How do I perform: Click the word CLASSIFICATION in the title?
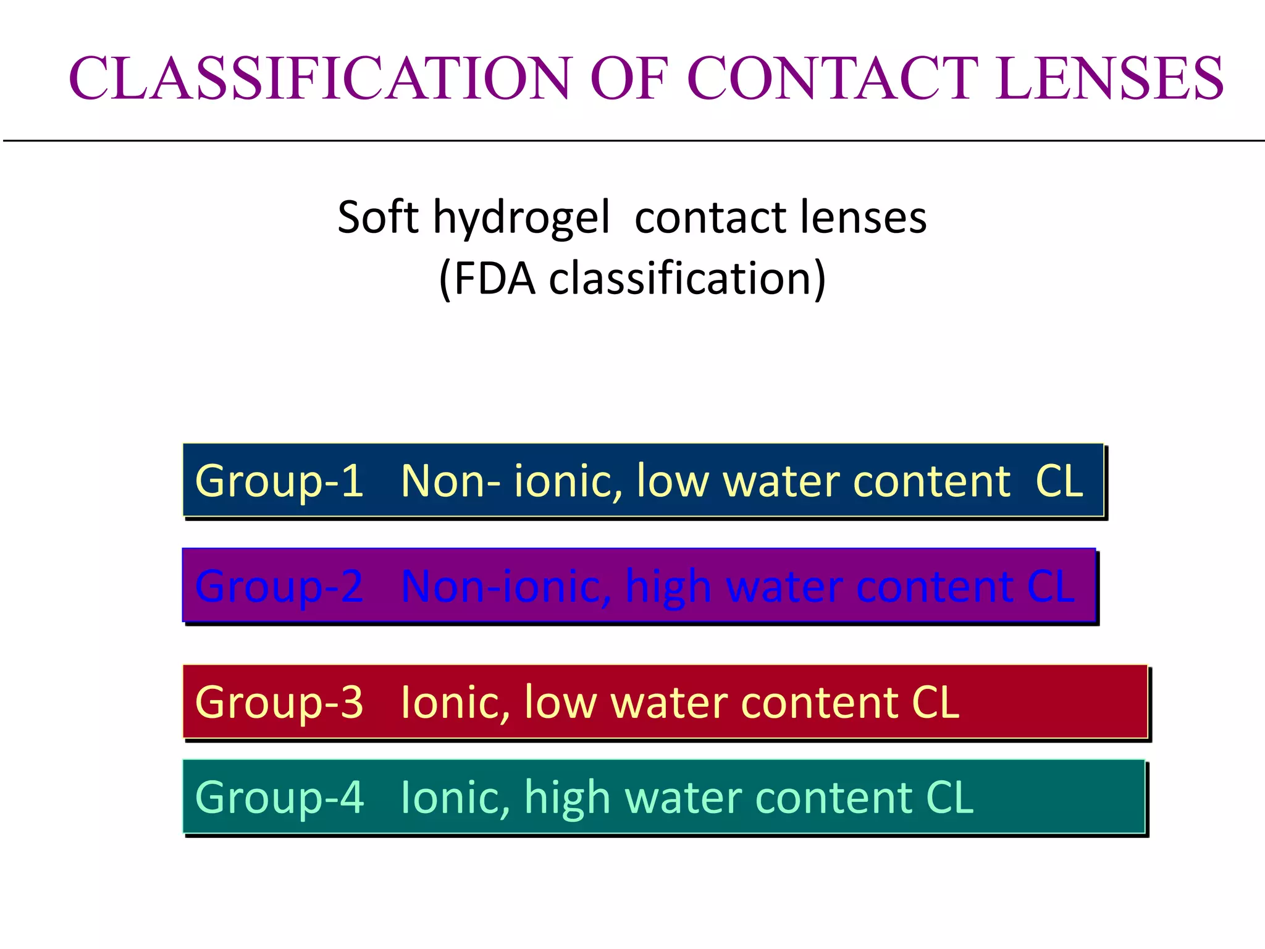coord(319,78)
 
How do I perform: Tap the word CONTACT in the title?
coord(833,78)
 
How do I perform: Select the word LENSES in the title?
coord(1109,78)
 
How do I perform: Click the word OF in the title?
coord(630,78)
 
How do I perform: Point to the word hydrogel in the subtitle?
coord(521,218)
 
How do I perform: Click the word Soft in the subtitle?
coord(378,217)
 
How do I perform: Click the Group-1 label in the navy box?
coord(279,481)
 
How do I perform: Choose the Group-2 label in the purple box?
coord(279,586)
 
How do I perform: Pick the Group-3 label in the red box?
coord(279,702)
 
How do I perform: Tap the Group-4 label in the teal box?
coord(279,798)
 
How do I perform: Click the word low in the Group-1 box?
coord(672,481)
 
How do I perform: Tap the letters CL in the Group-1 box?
coord(1059,481)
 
